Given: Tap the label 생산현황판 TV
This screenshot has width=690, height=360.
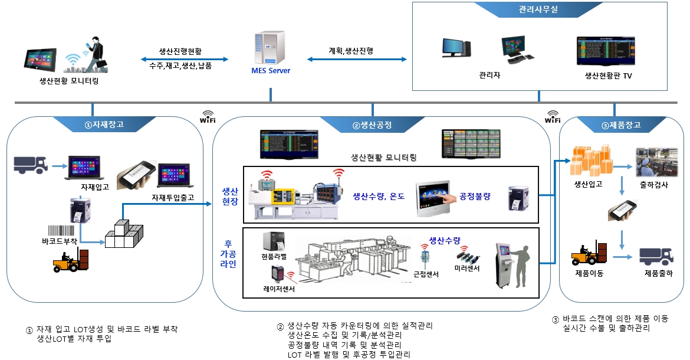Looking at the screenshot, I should tap(608, 76).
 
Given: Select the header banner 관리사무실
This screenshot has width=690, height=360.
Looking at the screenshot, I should tap(538, 10).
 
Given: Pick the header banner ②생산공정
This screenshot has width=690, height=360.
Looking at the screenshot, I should tap(372, 125).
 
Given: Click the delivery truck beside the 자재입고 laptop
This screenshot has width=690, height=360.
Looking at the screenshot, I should tap(30, 165).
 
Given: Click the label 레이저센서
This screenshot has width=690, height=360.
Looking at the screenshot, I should tap(279, 289).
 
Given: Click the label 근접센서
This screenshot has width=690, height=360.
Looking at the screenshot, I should tap(425, 274).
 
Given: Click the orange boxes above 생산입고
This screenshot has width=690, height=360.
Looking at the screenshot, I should tap(589, 161).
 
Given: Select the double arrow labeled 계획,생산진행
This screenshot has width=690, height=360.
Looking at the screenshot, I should tap(357, 60).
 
